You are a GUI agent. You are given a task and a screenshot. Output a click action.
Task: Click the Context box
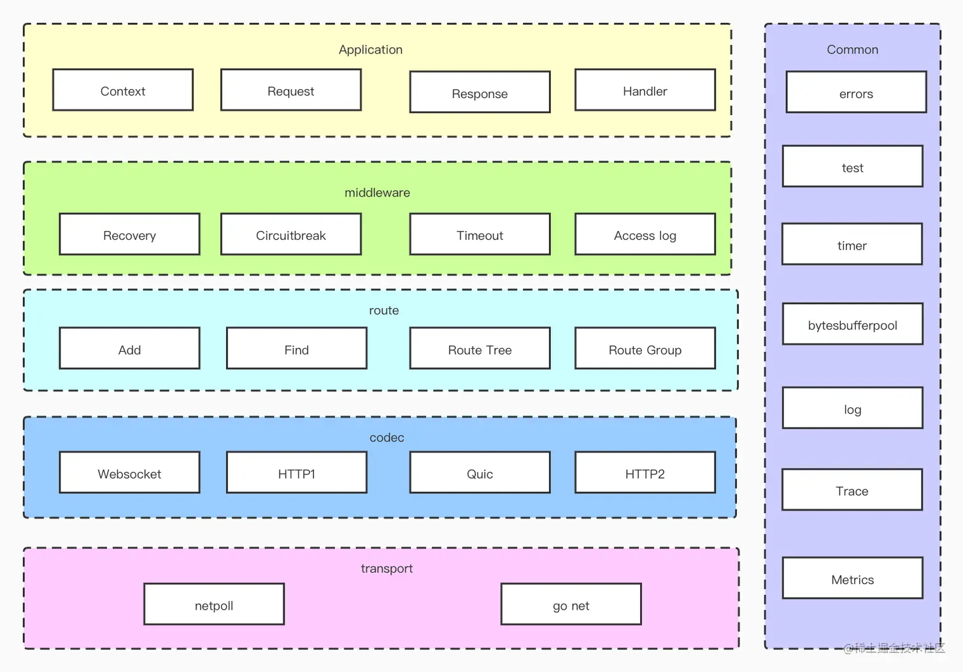(x=123, y=90)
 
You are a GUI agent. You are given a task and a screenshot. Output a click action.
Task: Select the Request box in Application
(x=291, y=90)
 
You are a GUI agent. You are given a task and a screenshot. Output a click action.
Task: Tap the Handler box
(x=645, y=90)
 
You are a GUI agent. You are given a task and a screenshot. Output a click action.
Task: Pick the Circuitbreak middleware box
(x=291, y=234)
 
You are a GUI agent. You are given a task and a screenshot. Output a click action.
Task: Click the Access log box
(x=645, y=234)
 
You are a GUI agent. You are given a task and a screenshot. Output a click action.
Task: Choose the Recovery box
(x=129, y=234)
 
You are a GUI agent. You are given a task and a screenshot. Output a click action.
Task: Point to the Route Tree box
(x=480, y=348)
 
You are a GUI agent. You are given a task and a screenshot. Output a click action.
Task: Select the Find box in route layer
(x=297, y=348)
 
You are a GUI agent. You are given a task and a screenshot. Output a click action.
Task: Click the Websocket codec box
(x=129, y=472)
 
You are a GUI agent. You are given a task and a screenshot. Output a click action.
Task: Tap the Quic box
(x=480, y=472)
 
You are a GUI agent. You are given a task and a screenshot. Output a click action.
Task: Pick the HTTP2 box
(x=645, y=472)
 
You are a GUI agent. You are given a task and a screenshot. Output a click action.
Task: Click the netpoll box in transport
(x=214, y=604)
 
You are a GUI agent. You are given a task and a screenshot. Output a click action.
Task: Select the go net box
(x=571, y=604)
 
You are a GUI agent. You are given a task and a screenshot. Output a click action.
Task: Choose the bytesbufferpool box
(x=853, y=323)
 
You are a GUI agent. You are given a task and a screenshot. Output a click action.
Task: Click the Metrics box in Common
(x=853, y=578)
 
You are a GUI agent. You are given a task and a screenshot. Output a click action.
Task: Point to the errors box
(x=856, y=92)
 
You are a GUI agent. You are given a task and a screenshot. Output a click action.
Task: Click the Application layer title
(x=371, y=50)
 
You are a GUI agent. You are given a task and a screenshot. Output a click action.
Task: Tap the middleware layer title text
(x=378, y=192)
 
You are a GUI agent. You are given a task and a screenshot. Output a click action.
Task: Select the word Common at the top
(x=853, y=50)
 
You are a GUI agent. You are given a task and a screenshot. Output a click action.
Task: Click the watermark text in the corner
(x=894, y=648)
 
